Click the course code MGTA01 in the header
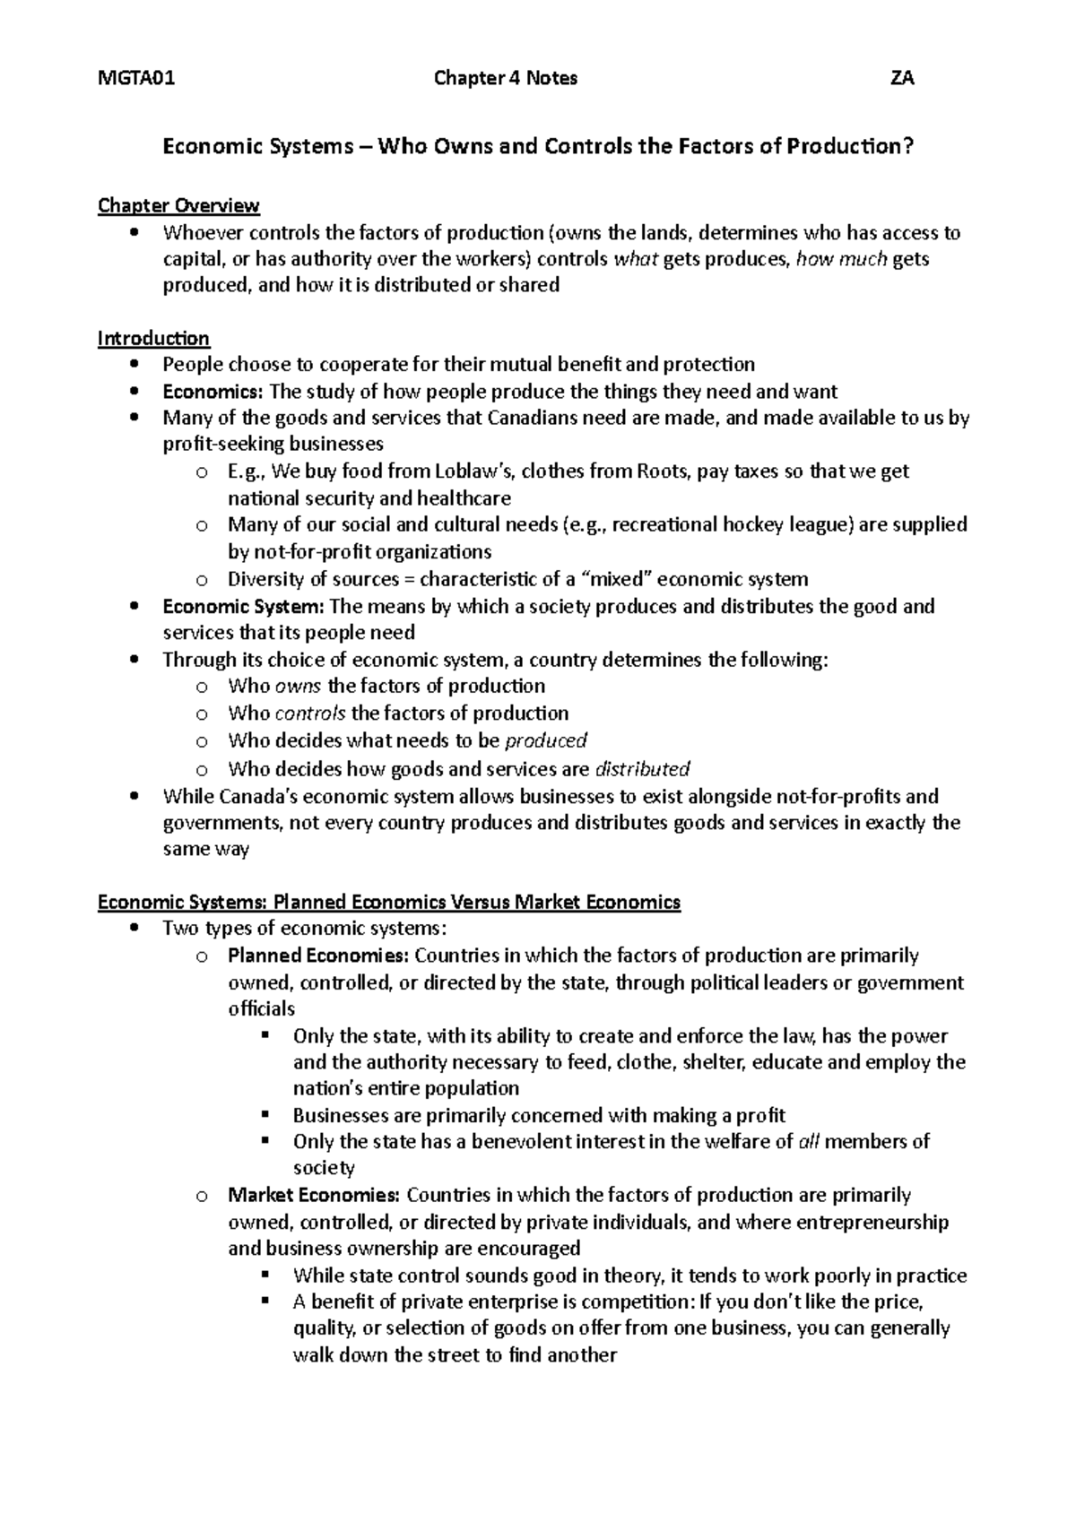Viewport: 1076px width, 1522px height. tap(136, 78)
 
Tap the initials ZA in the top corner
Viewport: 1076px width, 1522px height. tap(901, 78)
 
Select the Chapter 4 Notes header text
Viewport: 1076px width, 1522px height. tap(506, 78)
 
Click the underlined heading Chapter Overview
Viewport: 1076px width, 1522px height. tap(178, 206)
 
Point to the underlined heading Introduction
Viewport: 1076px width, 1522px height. tap(153, 338)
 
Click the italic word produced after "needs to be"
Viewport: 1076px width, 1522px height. tap(546, 740)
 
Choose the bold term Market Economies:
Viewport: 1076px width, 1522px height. tap(314, 1195)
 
